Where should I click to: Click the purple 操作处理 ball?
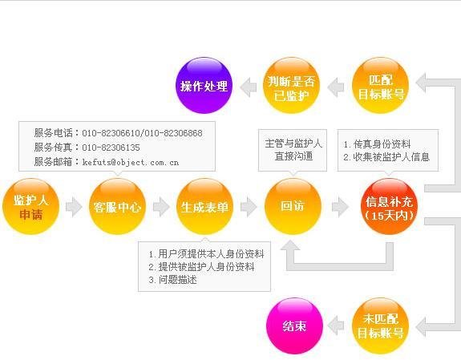pyautogui.click(x=204, y=86)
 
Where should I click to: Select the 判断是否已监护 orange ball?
pyautogui.click(x=291, y=86)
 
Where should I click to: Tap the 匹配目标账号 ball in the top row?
pyautogui.click(x=381, y=86)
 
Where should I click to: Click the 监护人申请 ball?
pyautogui.click(x=30, y=207)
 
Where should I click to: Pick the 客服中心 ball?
pyautogui.click(x=117, y=207)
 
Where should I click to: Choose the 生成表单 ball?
pyautogui.click(x=204, y=207)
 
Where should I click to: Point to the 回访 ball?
pyautogui.click(x=293, y=207)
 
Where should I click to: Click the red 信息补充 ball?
pyautogui.click(x=389, y=207)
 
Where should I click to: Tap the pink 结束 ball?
pyautogui.click(x=294, y=326)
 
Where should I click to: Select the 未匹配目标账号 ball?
pyautogui.click(x=381, y=326)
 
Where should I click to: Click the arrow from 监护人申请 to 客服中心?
pyautogui.click(x=74, y=207)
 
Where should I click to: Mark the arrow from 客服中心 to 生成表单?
pyautogui.click(x=161, y=207)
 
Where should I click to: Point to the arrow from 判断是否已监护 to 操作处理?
pyautogui.click(x=249, y=87)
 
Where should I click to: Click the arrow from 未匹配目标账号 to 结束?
pyautogui.click(x=335, y=326)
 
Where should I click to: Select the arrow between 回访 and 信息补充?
pyautogui.click(x=340, y=207)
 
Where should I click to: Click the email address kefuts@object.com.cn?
pyautogui.click(x=131, y=162)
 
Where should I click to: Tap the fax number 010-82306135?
pyautogui.click(x=111, y=148)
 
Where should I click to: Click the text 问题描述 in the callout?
pyautogui.click(x=178, y=280)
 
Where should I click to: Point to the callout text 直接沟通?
pyautogui.click(x=293, y=156)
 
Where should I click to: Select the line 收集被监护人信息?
pyautogui.click(x=391, y=157)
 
